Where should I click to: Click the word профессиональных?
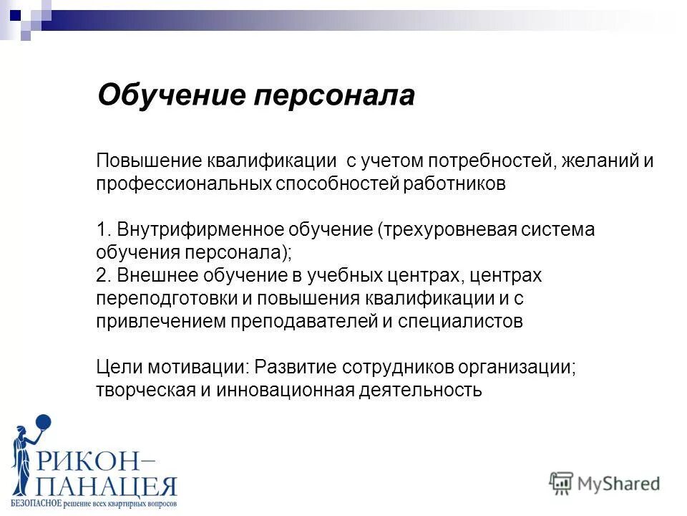click(184, 183)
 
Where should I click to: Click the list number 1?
click(102, 229)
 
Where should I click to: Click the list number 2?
click(102, 275)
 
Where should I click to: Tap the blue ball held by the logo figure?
click(43, 424)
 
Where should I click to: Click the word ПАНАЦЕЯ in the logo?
click(107, 488)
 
